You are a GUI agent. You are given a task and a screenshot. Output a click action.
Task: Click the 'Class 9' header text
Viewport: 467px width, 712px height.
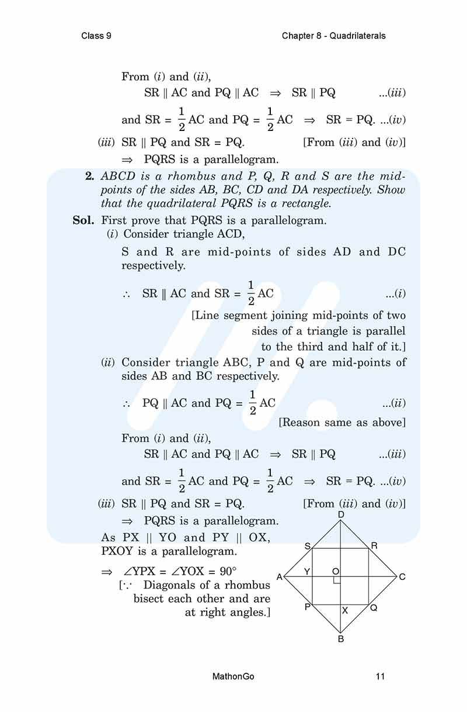click(96, 36)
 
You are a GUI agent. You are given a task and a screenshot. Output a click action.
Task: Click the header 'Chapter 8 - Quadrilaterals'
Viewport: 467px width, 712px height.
click(333, 36)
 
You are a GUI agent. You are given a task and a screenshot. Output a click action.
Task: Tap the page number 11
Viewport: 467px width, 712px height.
click(380, 677)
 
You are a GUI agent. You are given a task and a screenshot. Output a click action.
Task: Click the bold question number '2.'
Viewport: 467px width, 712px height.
click(90, 175)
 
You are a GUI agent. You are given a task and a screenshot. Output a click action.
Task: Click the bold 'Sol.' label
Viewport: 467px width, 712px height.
click(83, 220)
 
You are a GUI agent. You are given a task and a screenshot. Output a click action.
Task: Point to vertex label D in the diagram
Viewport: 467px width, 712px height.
click(341, 514)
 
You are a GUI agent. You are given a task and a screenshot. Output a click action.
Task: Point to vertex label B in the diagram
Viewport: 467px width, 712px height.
click(341, 639)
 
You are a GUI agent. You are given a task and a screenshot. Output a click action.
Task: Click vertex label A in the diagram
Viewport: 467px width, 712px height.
click(279, 577)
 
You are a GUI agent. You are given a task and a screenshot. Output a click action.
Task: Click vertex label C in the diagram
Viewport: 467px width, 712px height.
click(402, 577)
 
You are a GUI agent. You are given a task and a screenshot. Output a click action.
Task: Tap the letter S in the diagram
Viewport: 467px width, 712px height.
click(307, 546)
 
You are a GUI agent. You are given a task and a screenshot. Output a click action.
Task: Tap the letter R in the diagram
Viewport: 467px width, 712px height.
click(374, 546)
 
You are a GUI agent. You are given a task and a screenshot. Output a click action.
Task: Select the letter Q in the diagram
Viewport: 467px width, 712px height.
click(374, 608)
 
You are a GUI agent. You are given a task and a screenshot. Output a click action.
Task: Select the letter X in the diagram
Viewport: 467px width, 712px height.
click(345, 610)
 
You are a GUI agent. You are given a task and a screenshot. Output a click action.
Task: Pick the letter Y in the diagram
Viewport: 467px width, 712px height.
click(307, 571)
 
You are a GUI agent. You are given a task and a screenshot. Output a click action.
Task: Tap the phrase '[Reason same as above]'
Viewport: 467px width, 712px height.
click(342, 422)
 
